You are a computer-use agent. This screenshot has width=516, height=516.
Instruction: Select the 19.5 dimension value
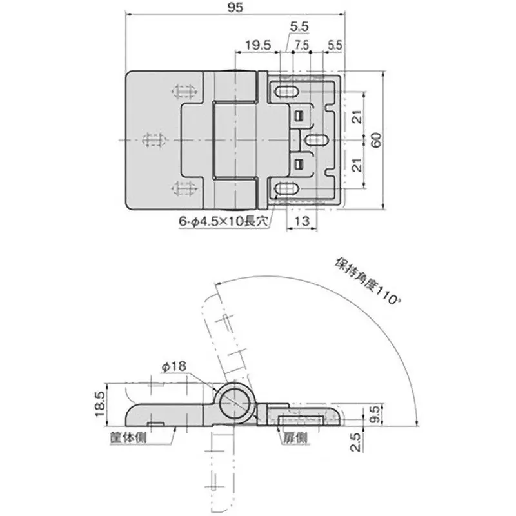(256, 46)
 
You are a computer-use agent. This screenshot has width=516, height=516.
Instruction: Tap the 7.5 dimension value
(301, 46)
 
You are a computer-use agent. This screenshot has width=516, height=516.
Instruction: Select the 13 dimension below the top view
(300, 221)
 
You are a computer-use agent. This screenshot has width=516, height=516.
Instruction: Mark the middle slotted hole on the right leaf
(316, 139)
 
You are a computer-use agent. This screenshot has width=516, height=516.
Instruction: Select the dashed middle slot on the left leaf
(155, 139)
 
